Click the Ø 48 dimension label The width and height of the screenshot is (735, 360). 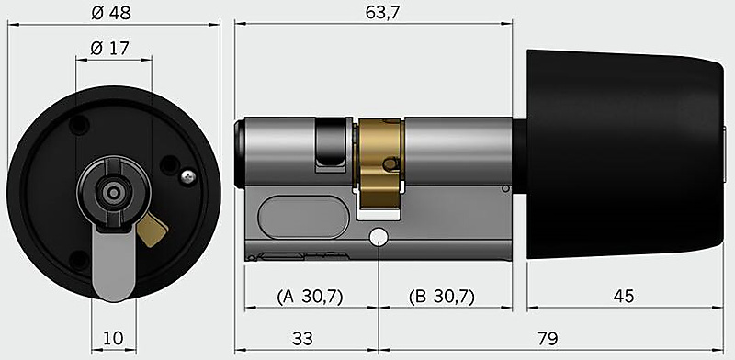111,13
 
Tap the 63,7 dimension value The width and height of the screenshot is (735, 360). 383,13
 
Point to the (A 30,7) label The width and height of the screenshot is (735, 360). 311,297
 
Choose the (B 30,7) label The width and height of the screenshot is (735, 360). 442,297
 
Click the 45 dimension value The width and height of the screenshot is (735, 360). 624,296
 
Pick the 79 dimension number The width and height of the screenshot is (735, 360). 548,338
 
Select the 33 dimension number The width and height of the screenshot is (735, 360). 302,338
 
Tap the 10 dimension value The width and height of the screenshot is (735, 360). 112,338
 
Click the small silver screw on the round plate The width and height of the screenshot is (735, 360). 188,175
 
